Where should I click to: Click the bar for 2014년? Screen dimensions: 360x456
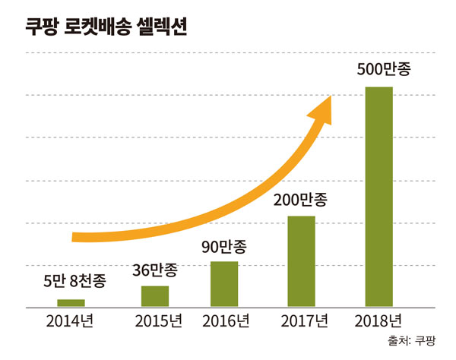click(71, 302)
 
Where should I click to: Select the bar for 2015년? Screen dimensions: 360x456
click(155, 295)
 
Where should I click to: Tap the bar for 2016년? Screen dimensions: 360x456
click(224, 283)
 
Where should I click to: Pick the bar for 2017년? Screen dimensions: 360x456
click(302, 261)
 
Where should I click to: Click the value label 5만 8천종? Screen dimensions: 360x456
click(74, 281)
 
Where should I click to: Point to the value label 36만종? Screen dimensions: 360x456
click(156, 269)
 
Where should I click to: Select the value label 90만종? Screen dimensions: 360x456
click(224, 247)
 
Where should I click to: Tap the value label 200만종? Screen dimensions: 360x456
click(302, 201)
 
